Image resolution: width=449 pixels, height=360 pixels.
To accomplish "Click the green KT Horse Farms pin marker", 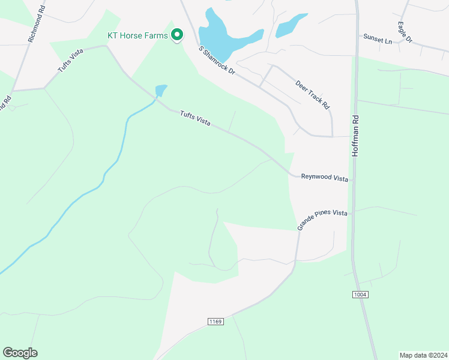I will pos(176,35).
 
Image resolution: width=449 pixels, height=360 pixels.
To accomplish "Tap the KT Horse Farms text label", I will pos(137,35).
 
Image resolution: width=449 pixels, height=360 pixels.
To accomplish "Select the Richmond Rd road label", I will pos(36,25).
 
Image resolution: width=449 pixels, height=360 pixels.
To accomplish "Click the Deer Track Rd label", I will pos(313,95).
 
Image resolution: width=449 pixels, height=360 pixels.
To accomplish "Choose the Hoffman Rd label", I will pos(355,136).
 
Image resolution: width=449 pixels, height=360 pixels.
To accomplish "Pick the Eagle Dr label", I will pos(405,32).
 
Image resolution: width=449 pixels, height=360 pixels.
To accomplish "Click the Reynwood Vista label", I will pos(324,177).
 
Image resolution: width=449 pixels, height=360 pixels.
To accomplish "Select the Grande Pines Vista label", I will pos(322,220).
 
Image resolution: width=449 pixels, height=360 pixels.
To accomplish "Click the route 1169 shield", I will pos(215,322).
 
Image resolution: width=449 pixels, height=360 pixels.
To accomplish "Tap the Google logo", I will pos(20,352).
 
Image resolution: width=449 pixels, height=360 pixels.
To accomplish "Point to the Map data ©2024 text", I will pos(423,355).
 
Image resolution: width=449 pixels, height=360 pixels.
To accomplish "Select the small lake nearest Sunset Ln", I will pos(291,26).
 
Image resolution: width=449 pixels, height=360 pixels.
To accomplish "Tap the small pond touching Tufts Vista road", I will pos(160,91).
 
